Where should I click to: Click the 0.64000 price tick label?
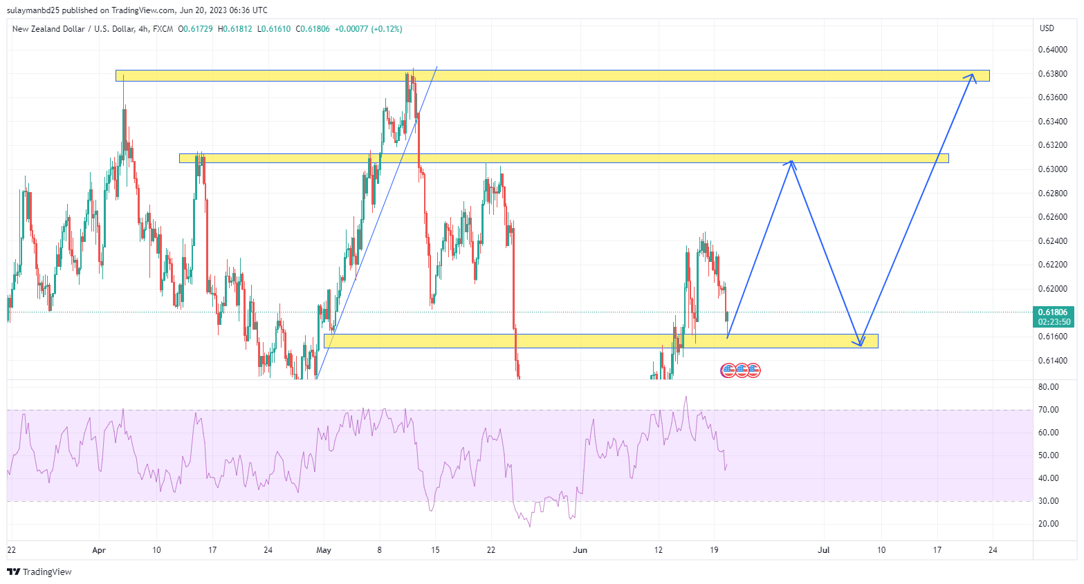[1051, 50]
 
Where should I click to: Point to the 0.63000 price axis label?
[1051, 169]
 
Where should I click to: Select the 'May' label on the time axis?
[324, 550]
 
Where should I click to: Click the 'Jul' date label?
[823, 550]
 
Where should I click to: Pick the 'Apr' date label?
[99, 550]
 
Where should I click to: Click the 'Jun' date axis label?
[580, 550]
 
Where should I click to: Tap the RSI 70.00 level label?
[1049, 410]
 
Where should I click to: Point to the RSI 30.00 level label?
[1049, 501]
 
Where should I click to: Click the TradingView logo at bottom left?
[39, 572]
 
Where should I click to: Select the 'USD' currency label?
[1047, 28]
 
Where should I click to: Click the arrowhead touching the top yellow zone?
[973, 76]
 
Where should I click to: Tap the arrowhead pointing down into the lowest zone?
[859, 343]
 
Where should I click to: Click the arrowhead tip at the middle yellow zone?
[791, 163]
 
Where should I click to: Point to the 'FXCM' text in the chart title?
[163, 29]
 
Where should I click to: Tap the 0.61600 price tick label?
[1051, 337]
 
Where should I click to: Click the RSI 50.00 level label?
[1049, 455]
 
